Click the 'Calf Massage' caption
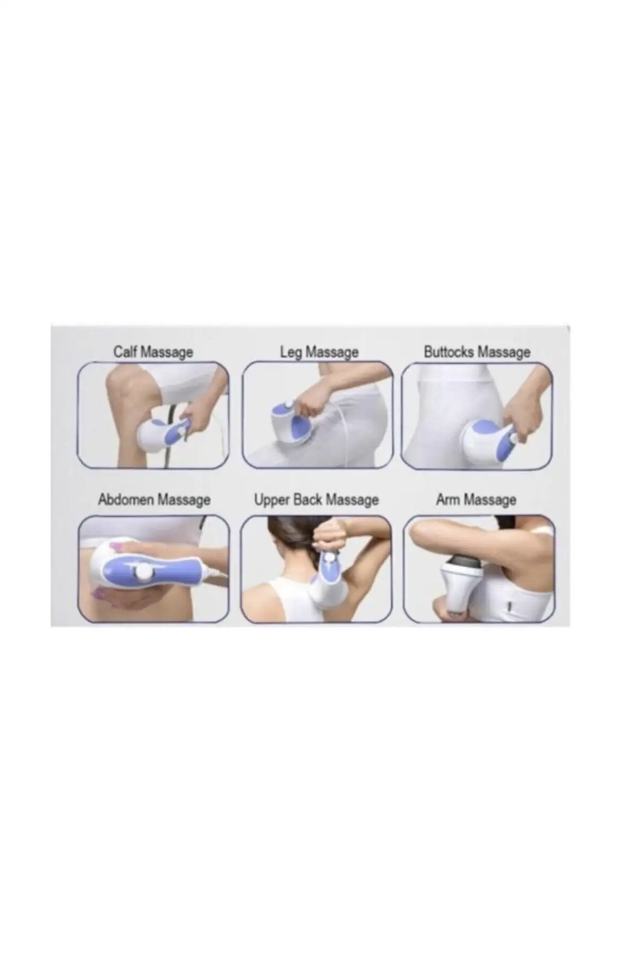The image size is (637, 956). (x=153, y=352)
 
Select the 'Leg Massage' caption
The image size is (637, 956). (x=319, y=352)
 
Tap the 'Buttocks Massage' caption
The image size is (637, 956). (x=477, y=352)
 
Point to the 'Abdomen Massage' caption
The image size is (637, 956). (x=154, y=500)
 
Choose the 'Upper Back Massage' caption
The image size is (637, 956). (x=316, y=500)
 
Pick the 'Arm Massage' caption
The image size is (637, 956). (x=476, y=500)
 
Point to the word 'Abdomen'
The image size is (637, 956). (x=126, y=500)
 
